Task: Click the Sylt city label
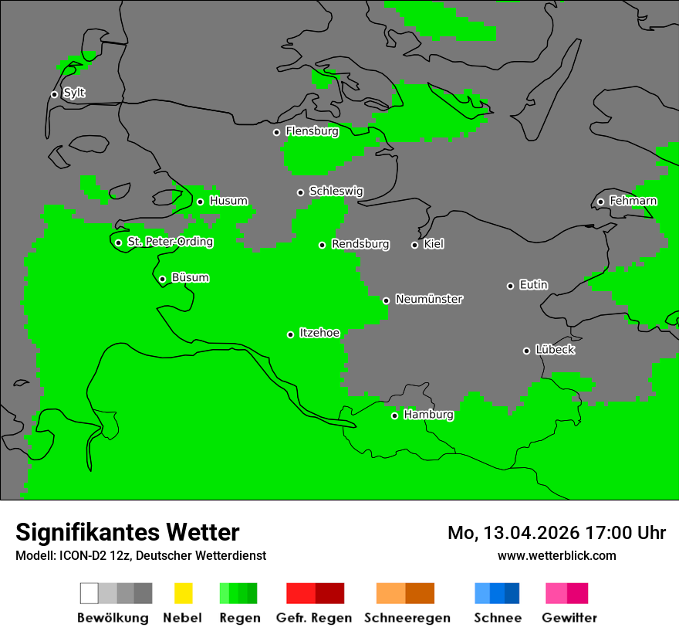pos(74,93)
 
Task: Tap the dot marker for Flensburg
pos(276,132)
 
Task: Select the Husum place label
pos(228,201)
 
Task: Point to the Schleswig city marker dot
pos(300,192)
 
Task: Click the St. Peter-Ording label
pos(170,242)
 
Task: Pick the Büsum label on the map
pos(190,278)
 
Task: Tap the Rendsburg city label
pos(360,244)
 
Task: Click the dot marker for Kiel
pos(414,245)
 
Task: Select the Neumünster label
pos(429,299)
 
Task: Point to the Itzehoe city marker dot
pos(290,334)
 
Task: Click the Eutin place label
pos(533,285)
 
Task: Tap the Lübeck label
pos(555,350)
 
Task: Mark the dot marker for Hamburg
pos(394,415)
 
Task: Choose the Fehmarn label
pos(633,201)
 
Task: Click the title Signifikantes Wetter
pos(127,532)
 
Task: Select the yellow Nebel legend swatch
pos(183,593)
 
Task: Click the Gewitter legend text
pos(569,618)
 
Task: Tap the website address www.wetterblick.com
pos(556,555)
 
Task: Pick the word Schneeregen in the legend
pos(407,618)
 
